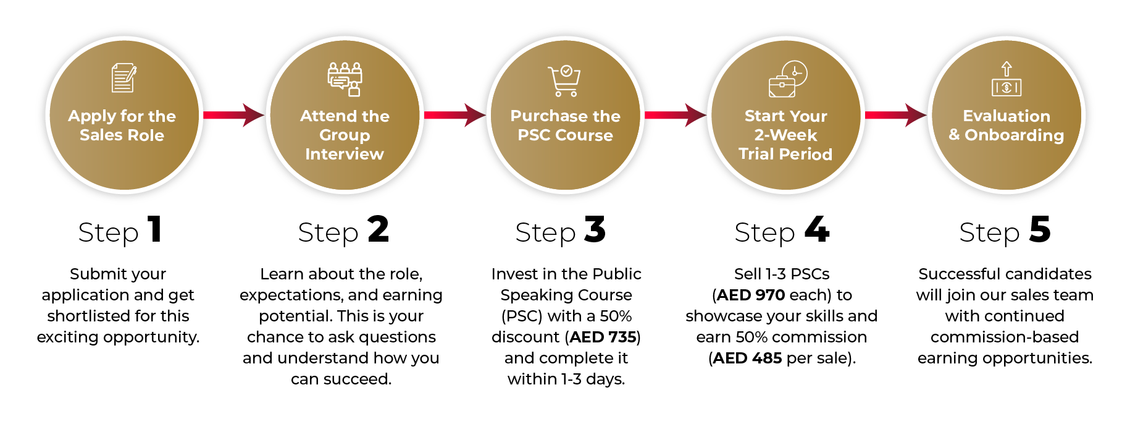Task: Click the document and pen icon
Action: click(123, 78)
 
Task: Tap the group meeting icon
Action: click(345, 79)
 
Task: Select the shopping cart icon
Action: click(564, 81)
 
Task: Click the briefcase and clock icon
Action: click(787, 79)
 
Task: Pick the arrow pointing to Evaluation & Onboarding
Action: click(895, 115)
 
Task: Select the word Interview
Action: click(345, 154)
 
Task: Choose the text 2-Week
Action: click(785, 135)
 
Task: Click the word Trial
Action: click(756, 154)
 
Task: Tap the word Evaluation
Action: click(1007, 116)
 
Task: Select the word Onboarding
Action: click(1015, 136)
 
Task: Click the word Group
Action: click(345, 136)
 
